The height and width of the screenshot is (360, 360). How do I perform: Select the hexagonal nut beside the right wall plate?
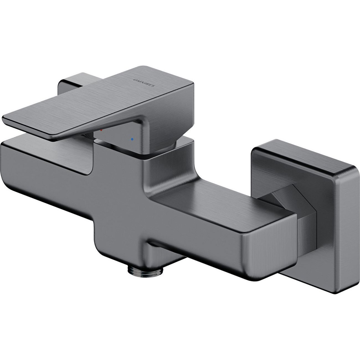click(x=280, y=204)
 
